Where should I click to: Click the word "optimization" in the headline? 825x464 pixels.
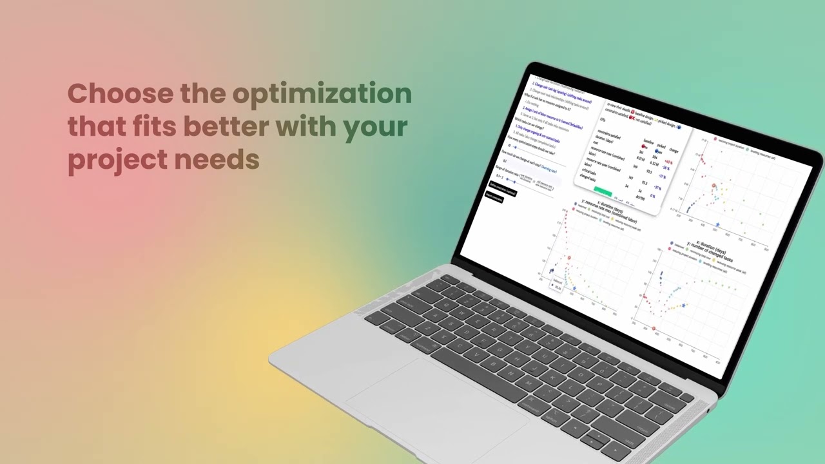point(322,94)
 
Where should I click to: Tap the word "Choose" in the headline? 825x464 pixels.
point(121,93)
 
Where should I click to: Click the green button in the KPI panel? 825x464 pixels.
point(603,191)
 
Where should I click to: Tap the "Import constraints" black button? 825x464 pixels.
point(494,198)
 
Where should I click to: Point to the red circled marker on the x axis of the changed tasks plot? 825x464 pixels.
point(654,329)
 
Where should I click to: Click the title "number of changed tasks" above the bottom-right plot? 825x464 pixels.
point(710,253)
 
